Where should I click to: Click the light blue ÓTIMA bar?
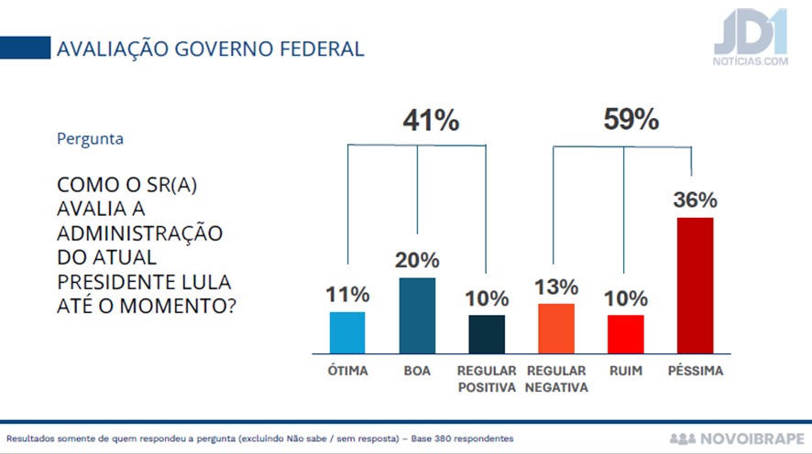tap(347, 332)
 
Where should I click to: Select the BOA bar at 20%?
tap(417, 315)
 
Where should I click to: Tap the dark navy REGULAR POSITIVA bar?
tap(487, 334)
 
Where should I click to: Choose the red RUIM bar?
tap(625, 334)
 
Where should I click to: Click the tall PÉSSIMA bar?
tap(695, 285)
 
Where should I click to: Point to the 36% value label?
tap(695, 200)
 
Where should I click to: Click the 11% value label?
tap(347, 295)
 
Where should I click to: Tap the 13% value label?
tap(555, 287)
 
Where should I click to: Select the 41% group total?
tap(431, 121)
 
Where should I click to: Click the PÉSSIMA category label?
tap(695, 372)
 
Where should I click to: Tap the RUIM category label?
tap(625, 372)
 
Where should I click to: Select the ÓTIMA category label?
tap(347, 372)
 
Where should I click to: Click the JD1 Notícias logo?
tap(750, 39)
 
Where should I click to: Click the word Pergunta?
tap(90, 139)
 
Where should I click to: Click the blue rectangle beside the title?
tap(25, 48)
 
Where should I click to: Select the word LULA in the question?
tap(205, 279)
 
